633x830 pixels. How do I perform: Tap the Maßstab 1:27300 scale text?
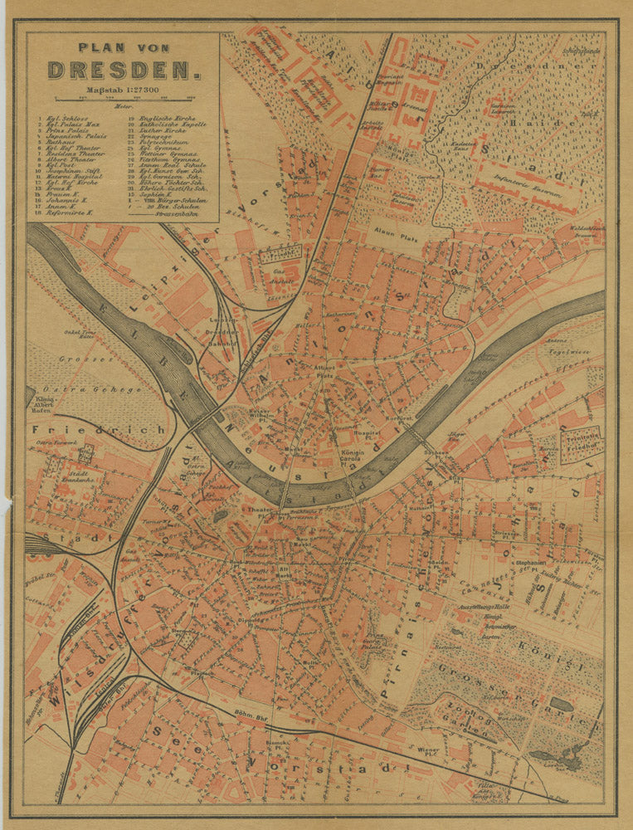tap(123, 90)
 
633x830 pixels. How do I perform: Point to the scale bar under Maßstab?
tap(123, 99)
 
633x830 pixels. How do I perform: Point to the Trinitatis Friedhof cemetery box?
tap(581, 445)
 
